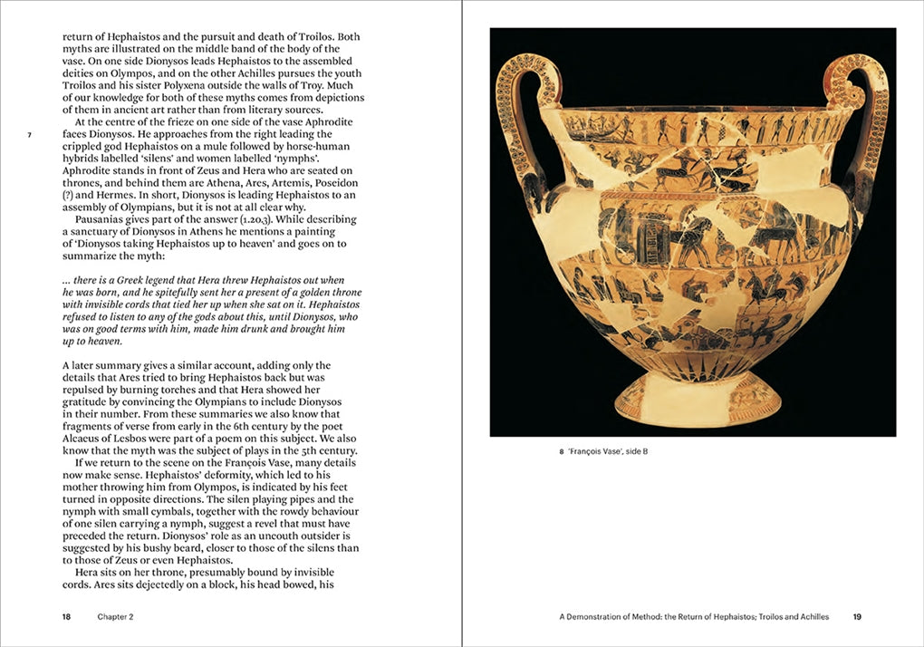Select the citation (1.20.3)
265,219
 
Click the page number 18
66,617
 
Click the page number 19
857,617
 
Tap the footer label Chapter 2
116,617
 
